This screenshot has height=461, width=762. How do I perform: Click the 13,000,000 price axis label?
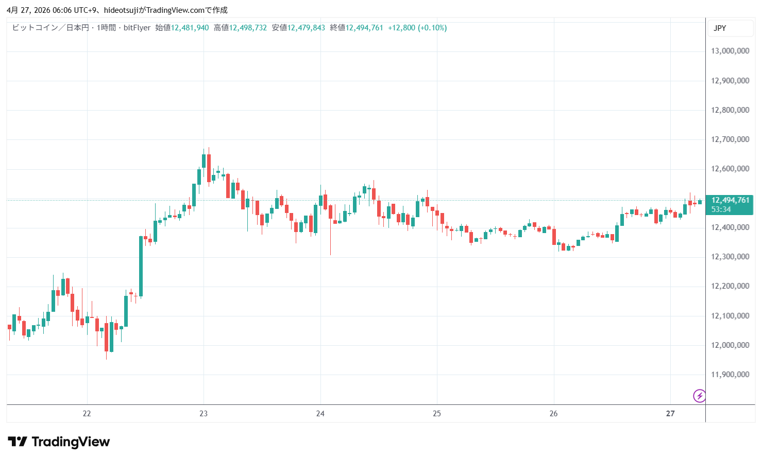(x=730, y=51)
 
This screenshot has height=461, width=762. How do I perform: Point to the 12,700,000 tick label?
(x=730, y=139)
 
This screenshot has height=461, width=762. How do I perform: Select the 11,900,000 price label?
(x=730, y=375)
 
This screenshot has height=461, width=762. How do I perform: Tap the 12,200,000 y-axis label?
(x=730, y=286)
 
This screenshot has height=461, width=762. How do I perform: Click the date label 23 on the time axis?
(x=204, y=414)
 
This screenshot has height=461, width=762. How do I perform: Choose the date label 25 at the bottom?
(x=437, y=414)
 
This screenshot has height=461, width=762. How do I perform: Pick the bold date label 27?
(x=670, y=414)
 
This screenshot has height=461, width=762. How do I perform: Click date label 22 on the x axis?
(x=87, y=414)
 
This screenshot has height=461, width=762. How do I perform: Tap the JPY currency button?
(x=720, y=28)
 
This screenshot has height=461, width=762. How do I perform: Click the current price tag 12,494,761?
(x=730, y=200)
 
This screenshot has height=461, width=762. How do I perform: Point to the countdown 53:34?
(x=721, y=209)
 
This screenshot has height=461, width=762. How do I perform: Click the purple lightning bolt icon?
(x=699, y=396)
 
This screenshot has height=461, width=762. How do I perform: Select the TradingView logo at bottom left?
(x=59, y=442)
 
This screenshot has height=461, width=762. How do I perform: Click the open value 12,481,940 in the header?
(x=190, y=28)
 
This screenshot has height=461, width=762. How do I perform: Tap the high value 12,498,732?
(x=248, y=28)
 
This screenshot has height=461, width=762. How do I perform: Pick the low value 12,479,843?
(x=306, y=28)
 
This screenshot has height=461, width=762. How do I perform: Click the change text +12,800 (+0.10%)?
(x=417, y=28)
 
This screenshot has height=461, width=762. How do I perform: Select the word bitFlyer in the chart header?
(x=137, y=28)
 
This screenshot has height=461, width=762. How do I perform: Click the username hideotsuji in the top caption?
(x=121, y=10)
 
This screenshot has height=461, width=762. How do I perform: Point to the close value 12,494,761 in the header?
(x=364, y=28)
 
